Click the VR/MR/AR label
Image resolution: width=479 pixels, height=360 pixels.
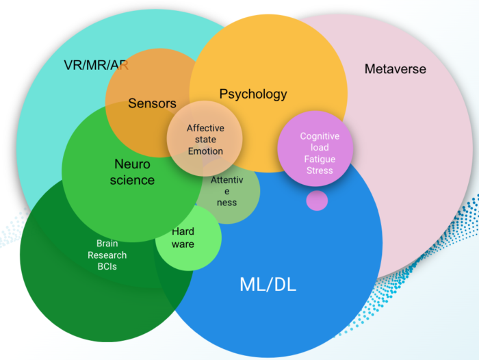point(96,66)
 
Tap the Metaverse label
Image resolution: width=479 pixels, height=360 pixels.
point(395,69)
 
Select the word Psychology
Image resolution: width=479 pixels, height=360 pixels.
point(253,94)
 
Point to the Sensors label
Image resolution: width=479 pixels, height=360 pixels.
point(152,104)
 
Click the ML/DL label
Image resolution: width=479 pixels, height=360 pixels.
point(268,285)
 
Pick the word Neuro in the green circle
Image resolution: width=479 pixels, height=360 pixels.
point(132,164)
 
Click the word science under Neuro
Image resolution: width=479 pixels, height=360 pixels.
point(132,181)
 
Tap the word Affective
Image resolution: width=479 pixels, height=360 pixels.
point(205,129)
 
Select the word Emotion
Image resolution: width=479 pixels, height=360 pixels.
point(205,151)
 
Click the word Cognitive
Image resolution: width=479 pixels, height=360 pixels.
point(320,137)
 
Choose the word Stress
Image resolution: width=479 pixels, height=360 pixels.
point(320,170)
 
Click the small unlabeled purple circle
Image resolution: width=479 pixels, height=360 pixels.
point(317,201)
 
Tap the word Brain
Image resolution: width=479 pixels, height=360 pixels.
point(107,244)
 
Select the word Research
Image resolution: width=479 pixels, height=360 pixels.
point(107,255)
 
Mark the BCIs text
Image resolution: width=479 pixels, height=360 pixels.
point(107,266)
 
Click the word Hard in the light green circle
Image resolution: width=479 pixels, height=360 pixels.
point(183,232)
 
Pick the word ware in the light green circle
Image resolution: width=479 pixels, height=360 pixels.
point(183,244)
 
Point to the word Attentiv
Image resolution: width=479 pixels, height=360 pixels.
point(226,179)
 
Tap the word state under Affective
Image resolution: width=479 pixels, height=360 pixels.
point(205,140)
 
